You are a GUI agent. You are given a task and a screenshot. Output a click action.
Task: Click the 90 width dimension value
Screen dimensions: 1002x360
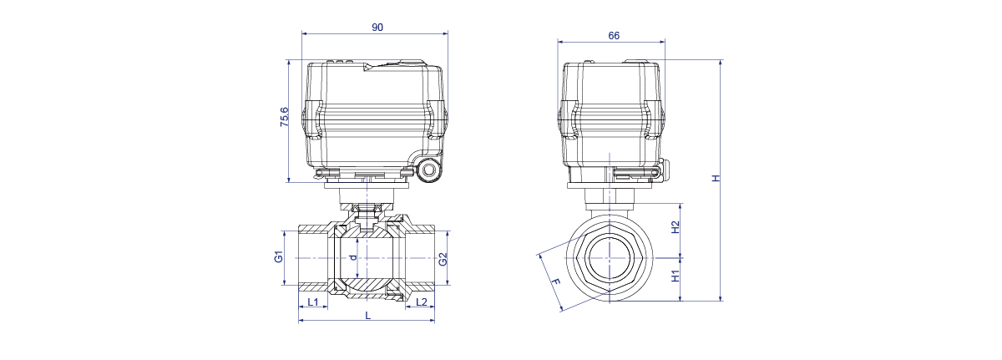pyautogui.click(x=377, y=28)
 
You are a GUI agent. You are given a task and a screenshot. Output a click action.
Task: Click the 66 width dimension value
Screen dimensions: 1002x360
pyautogui.click(x=614, y=36)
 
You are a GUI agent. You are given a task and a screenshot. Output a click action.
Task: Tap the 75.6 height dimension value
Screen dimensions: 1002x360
pyautogui.click(x=285, y=117)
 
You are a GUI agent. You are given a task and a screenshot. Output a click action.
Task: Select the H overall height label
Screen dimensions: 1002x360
pyautogui.click(x=716, y=178)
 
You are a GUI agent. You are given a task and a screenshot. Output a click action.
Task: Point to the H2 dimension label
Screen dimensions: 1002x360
pyautogui.click(x=676, y=227)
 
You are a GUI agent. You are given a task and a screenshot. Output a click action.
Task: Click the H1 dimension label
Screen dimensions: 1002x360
pyautogui.click(x=676, y=276)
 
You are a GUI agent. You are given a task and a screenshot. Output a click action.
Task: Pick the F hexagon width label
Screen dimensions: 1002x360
pyautogui.click(x=555, y=281)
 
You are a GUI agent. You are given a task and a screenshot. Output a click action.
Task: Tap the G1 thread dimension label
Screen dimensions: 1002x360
pyautogui.click(x=279, y=256)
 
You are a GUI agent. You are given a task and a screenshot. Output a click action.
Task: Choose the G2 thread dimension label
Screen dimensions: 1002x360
pyautogui.click(x=443, y=260)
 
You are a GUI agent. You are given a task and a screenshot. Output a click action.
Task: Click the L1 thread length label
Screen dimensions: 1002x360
pyautogui.click(x=313, y=302)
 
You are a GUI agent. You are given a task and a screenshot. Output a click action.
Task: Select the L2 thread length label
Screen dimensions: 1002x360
pyautogui.click(x=422, y=302)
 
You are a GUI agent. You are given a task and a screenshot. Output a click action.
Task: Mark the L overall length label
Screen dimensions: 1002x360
pyautogui.click(x=367, y=316)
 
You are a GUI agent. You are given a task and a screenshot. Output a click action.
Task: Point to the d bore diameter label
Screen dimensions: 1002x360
pyautogui.click(x=353, y=257)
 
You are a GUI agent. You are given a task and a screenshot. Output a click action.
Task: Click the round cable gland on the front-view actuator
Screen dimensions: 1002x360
pyautogui.click(x=429, y=170)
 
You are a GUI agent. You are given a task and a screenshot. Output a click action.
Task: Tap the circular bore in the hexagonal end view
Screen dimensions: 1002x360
pyautogui.click(x=610, y=258)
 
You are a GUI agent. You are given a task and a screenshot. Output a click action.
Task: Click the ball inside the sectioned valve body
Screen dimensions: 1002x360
pyautogui.click(x=365, y=258)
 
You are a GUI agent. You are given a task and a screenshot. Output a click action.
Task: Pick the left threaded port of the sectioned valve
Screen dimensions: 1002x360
pyautogui.click(x=313, y=258)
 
